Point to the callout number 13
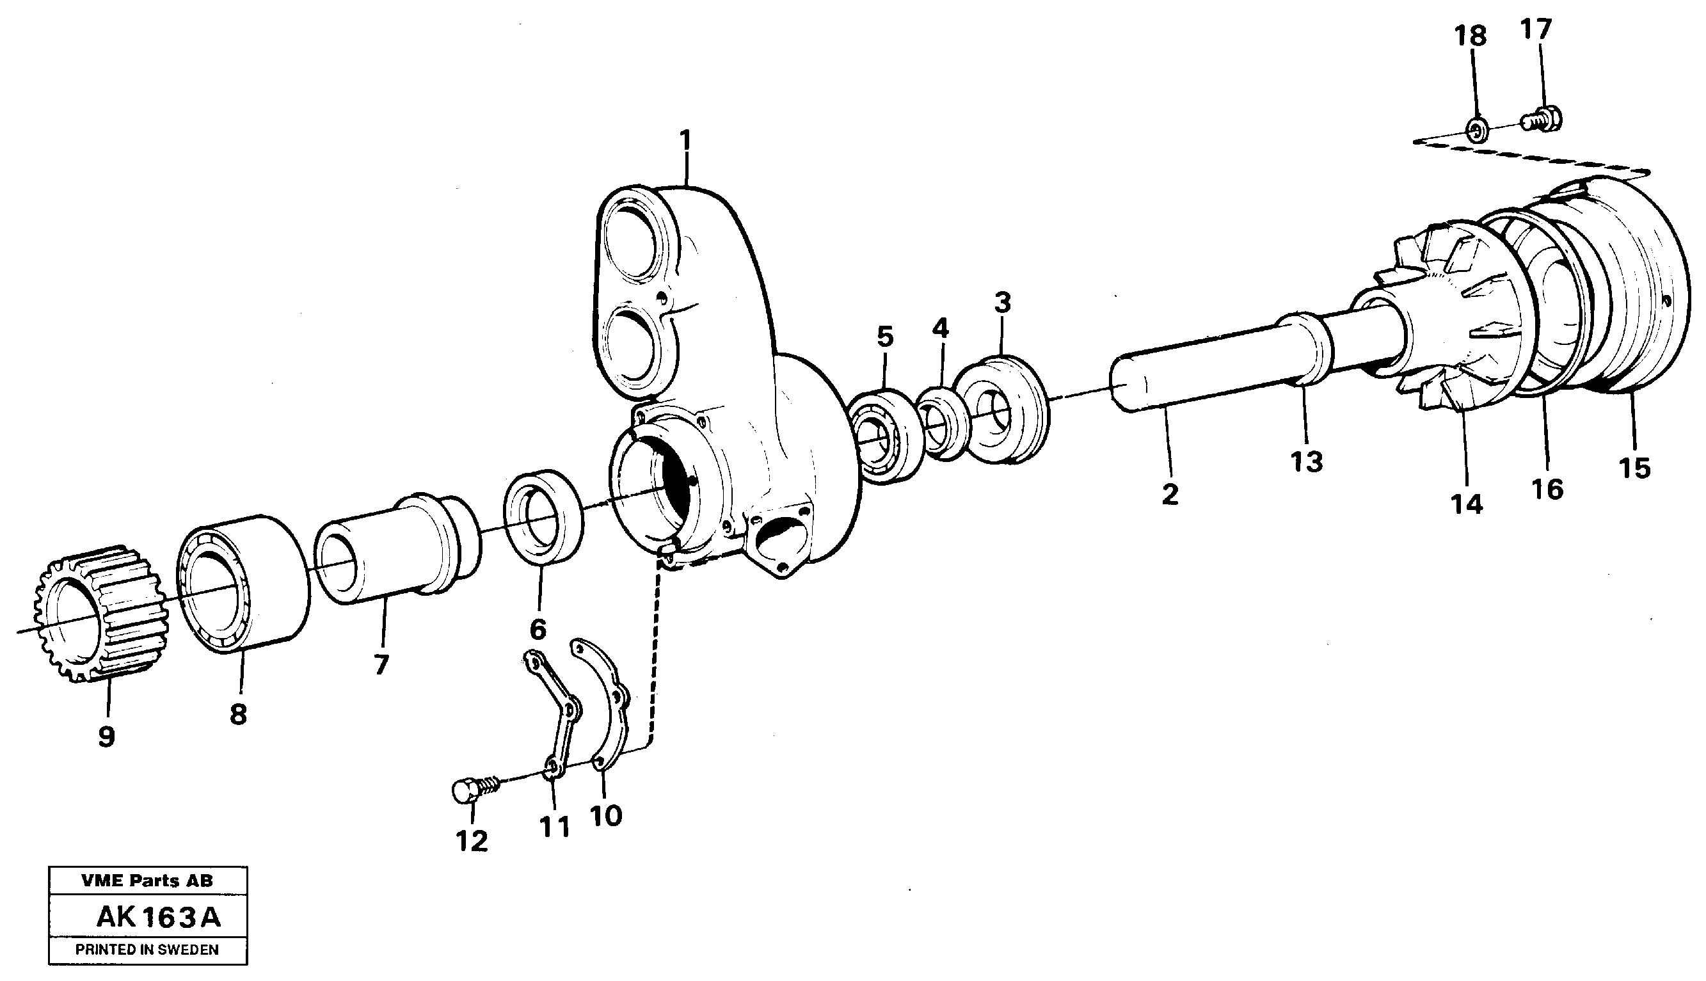point(1307,462)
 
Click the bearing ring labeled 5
point(886,436)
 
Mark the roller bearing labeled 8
point(243,584)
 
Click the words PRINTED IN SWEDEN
point(147,950)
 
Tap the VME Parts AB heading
point(147,881)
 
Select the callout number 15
point(1634,468)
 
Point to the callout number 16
point(1547,489)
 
